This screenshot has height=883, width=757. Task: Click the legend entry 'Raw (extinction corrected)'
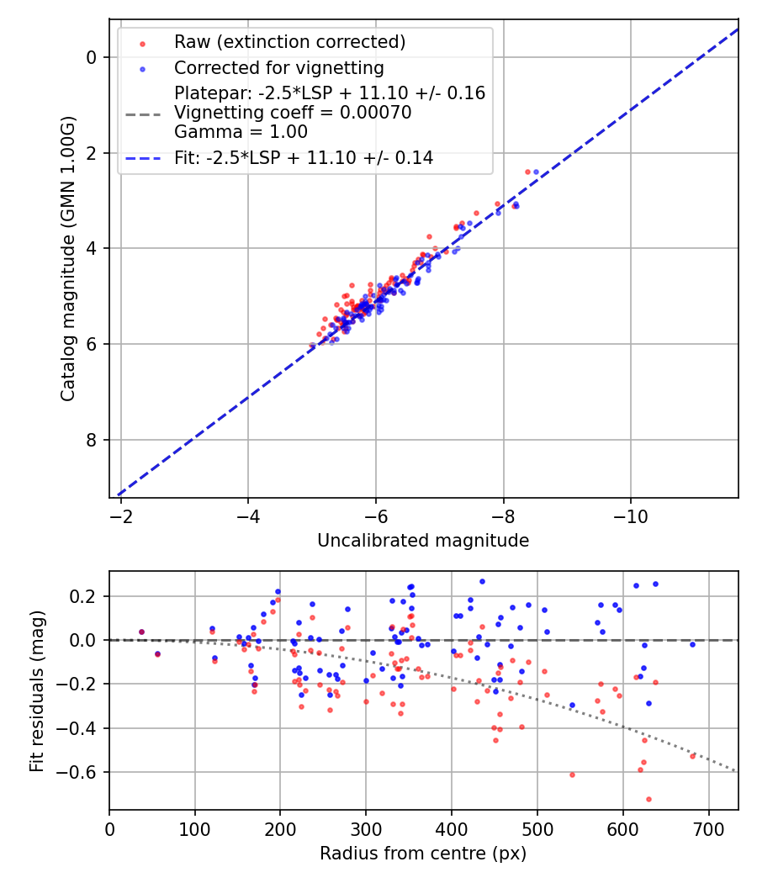point(289,42)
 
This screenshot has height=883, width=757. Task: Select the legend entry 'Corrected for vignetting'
point(278,68)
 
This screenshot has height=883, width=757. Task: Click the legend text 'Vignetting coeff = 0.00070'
point(293,113)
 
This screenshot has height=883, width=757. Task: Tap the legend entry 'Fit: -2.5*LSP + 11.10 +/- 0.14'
point(304,157)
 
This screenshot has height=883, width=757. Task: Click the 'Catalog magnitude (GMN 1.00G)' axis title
point(68,258)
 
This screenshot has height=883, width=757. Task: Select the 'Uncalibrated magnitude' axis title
point(423,541)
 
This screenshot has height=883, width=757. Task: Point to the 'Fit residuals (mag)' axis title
point(36,690)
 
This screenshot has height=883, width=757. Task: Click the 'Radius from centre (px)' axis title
point(423,854)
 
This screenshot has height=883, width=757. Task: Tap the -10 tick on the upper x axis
point(631,516)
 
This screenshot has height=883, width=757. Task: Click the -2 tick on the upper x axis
point(121,516)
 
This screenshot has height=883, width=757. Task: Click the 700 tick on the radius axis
point(709,828)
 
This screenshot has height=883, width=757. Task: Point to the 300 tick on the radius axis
point(366,828)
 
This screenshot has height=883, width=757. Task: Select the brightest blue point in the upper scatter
point(536,172)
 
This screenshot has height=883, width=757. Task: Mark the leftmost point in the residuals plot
point(141,632)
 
